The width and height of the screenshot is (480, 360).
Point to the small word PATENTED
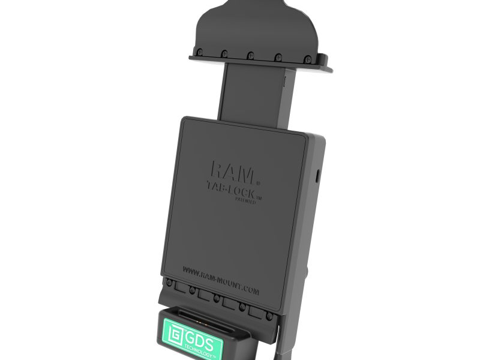[245, 202]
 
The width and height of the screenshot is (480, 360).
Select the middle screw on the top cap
[249, 55]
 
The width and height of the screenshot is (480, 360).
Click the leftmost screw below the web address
[170, 282]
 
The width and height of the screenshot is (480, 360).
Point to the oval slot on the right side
[318, 175]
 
